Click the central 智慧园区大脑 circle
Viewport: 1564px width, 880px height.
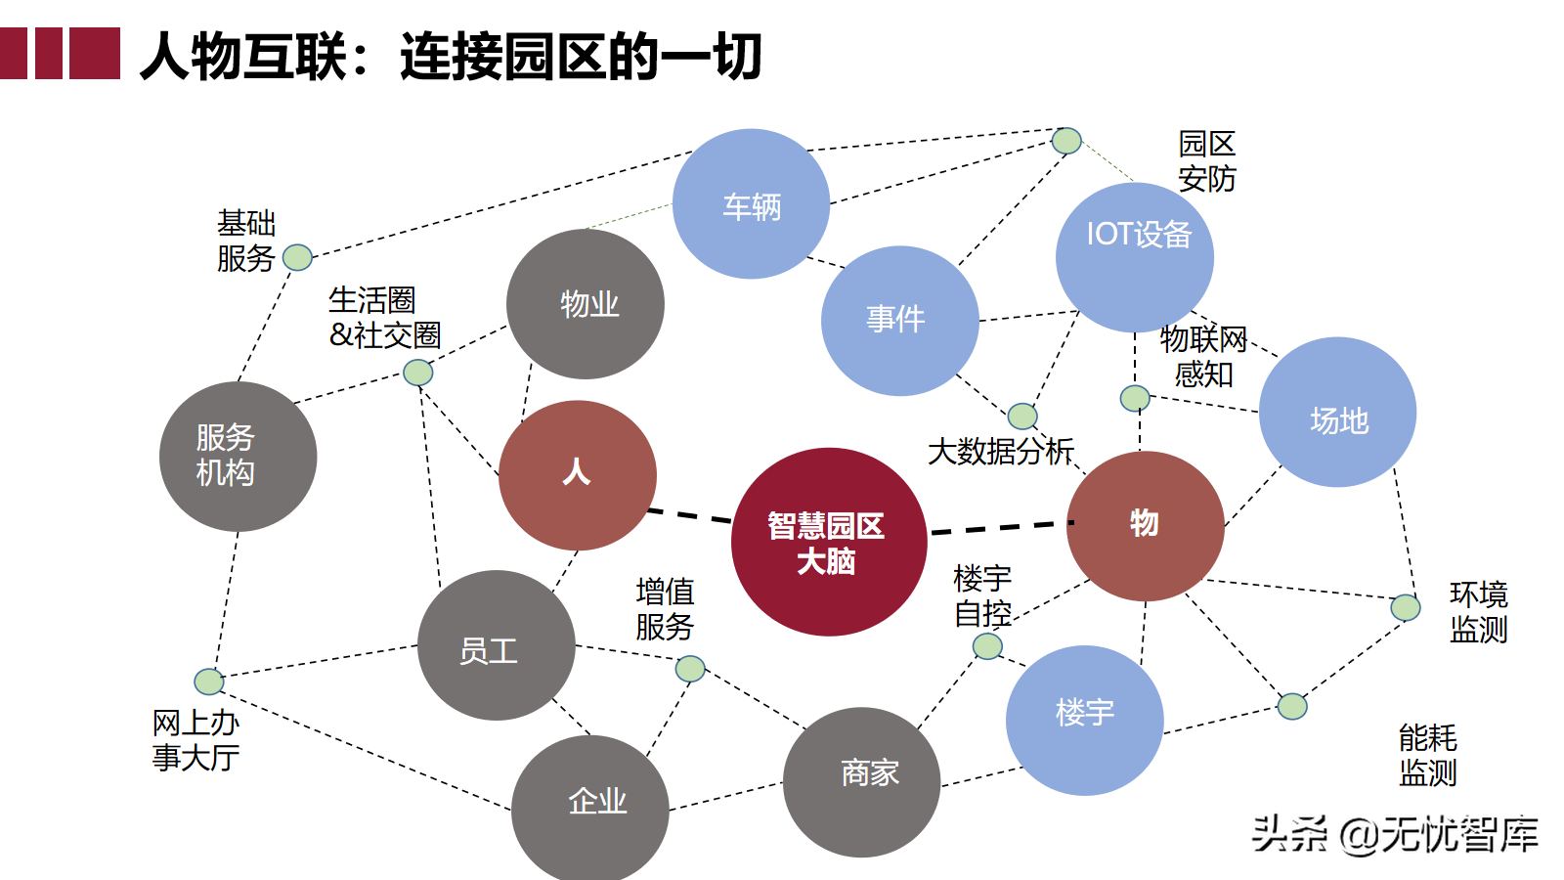click(x=828, y=542)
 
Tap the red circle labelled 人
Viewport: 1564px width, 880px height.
click(x=577, y=475)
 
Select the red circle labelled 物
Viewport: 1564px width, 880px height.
click(x=1145, y=525)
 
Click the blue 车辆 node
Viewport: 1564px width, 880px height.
click(x=751, y=204)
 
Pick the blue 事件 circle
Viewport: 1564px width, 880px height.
click(x=899, y=321)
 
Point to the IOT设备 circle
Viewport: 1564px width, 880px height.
click(x=1134, y=256)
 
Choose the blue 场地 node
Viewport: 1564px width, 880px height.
click(x=1337, y=412)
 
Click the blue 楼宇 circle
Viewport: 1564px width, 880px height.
click(x=1084, y=720)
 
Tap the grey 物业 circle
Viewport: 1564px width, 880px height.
click(x=586, y=304)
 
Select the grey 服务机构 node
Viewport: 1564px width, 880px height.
click(x=238, y=457)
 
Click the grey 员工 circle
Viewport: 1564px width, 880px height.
click(x=496, y=645)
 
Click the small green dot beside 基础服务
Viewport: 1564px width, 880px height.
click(x=297, y=257)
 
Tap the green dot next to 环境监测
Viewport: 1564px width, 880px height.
click(x=1405, y=607)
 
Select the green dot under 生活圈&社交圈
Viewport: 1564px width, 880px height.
click(x=417, y=373)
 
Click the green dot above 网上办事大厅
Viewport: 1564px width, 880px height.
click(x=208, y=681)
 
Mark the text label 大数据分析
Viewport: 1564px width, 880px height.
click(x=1000, y=451)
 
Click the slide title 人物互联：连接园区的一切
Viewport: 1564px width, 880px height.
click(x=451, y=56)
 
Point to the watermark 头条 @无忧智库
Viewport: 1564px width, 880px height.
click(x=1395, y=834)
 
